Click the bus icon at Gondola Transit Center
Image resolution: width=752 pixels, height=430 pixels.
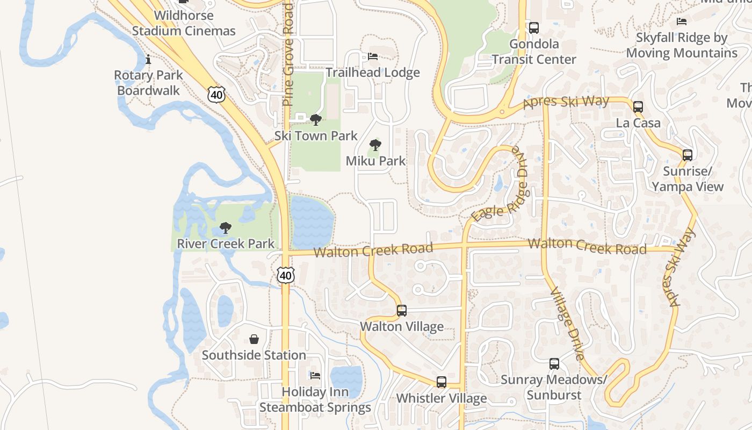tap(533, 28)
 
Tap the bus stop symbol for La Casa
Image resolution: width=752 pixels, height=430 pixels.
tap(638, 107)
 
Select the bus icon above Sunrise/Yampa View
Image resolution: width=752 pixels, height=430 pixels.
tap(687, 155)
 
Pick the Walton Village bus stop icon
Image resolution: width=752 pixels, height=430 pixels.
tap(401, 310)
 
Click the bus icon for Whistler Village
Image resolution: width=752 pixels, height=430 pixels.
tap(441, 382)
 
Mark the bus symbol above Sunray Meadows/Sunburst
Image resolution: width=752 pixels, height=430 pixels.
tap(554, 364)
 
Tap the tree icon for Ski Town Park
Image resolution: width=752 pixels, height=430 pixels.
tap(316, 119)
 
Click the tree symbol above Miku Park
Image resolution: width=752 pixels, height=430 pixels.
tap(375, 145)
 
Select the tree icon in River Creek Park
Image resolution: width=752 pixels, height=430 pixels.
tap(226, 228)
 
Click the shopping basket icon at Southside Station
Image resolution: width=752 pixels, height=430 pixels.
tap(254, 339)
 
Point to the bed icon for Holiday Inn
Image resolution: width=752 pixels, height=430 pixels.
tap(315, 375)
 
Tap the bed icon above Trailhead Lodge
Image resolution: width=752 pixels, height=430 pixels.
tap(372, 56)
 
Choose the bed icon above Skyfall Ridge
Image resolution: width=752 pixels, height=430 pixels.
tap(681, 21)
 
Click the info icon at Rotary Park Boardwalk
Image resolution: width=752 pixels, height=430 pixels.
tap(148, 59)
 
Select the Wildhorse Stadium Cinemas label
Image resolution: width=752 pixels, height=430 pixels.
tap(184, 23)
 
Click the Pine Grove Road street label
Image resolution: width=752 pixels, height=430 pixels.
tap(288, 54)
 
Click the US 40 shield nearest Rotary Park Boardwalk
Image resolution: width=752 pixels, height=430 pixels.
tap(216, 95)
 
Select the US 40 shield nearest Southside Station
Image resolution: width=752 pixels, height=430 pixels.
tap(286, 276)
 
